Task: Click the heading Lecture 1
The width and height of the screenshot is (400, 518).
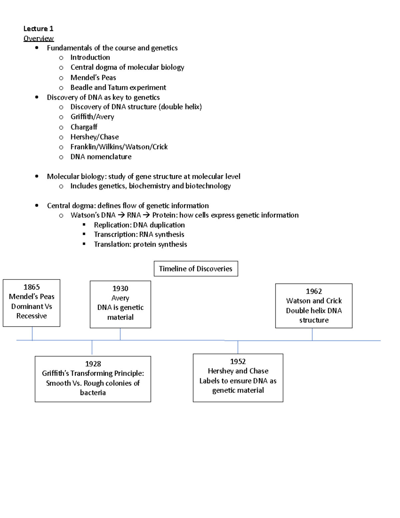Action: [38, 29]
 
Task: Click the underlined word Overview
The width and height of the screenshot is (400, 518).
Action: [38, 38]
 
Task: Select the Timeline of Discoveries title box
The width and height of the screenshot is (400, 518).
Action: [196, 269]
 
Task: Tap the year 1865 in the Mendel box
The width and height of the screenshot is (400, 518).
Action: [32, 287]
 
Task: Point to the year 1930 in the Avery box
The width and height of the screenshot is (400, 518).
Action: [120, 288]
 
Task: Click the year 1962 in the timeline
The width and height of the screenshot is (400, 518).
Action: [314, 291]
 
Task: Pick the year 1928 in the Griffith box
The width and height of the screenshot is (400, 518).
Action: [93, 364]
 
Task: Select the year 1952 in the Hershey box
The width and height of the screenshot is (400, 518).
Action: [238, 361]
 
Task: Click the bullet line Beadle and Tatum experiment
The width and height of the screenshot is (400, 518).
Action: [118, 87]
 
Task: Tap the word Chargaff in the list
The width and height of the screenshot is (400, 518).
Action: [84, 127]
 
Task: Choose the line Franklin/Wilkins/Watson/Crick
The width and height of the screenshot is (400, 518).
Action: [119, 147]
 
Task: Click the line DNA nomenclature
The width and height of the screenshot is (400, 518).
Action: [101, 157]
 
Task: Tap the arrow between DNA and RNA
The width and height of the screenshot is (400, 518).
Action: [121, 215]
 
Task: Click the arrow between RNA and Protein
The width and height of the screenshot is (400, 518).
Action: [146, 215]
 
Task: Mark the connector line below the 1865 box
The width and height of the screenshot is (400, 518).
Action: [32, 333]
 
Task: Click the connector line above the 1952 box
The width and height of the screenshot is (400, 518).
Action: [238, 347]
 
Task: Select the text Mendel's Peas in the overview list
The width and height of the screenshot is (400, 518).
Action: [93, 78]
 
